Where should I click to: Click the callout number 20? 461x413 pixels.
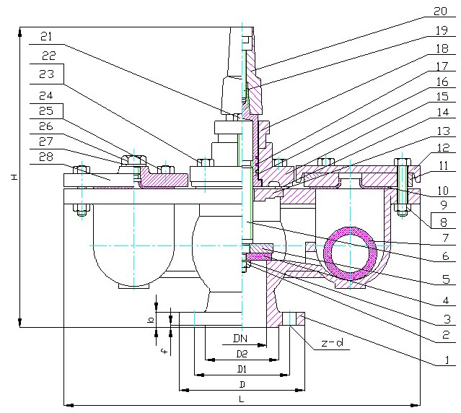point(440,12)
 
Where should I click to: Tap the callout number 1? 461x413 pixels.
point(447,359)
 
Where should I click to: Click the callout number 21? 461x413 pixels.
point(46,35)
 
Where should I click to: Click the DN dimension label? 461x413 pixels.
point(241,339)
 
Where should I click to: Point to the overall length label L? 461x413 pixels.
point(241,399)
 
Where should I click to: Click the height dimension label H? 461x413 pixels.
point(14,178)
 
